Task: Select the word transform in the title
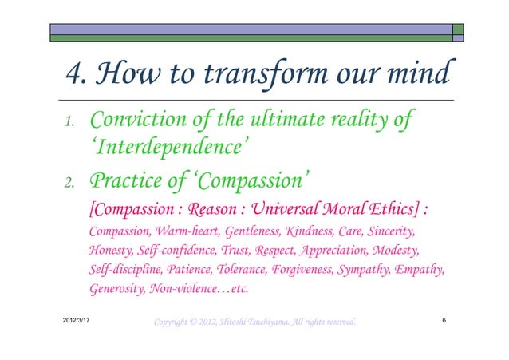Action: point(257,76)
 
